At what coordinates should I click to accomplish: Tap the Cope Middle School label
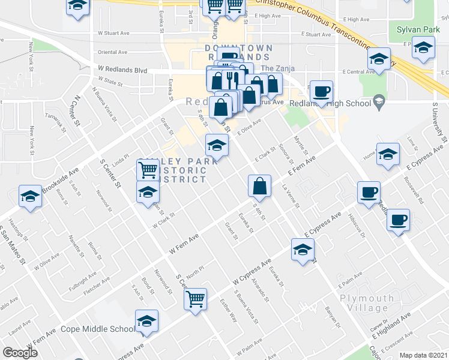coord(98,329)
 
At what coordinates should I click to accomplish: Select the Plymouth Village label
coord(367,303)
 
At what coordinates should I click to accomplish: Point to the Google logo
coord(20,353)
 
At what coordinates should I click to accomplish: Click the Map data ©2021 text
coord(423,355)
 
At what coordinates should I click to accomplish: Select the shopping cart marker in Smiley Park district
coord(148,170)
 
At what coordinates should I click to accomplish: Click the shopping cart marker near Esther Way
coord(196,298)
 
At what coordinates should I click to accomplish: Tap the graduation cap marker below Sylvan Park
coord(423,47)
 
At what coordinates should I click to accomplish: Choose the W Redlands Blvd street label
coord(122,70)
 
